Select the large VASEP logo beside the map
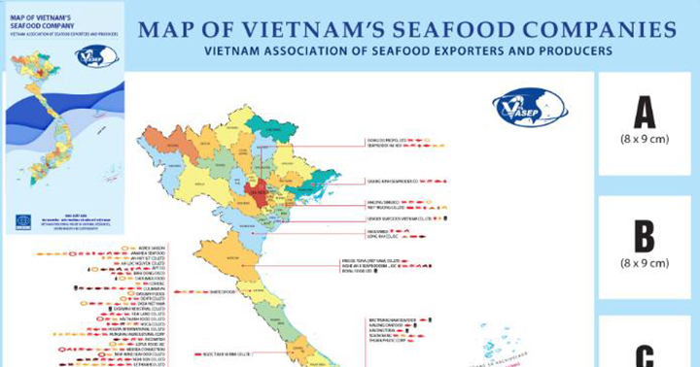pyautogui.click(x=530, y=107)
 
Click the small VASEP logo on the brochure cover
pyautogui.click(x=101, y=55)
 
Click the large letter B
pyautogui.click(x=645, y=236)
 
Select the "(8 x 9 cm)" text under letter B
pyautogui.click(x=645, y=263)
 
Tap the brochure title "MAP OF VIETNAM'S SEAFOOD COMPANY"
pyautogui.click(x=44, y=21)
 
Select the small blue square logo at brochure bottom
pyautogui.click(x=22, y=221)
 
